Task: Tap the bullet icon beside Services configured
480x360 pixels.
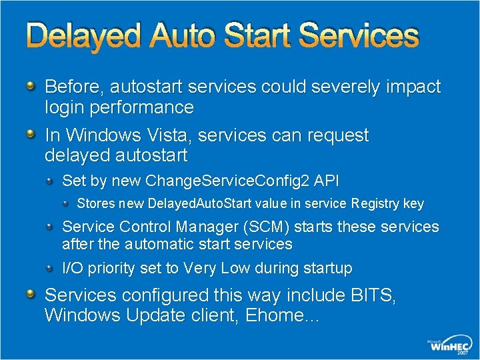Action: click(31, 294)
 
